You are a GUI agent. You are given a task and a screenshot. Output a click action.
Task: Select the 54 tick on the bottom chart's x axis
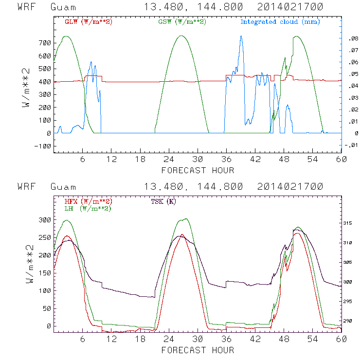pyautogui.click(x=312, y=339)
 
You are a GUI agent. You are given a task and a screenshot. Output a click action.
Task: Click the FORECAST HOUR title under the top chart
pyautogui.click(x=198, y=170)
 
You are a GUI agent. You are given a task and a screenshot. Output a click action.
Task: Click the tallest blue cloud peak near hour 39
pyautogui.click(x=241, y=36)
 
